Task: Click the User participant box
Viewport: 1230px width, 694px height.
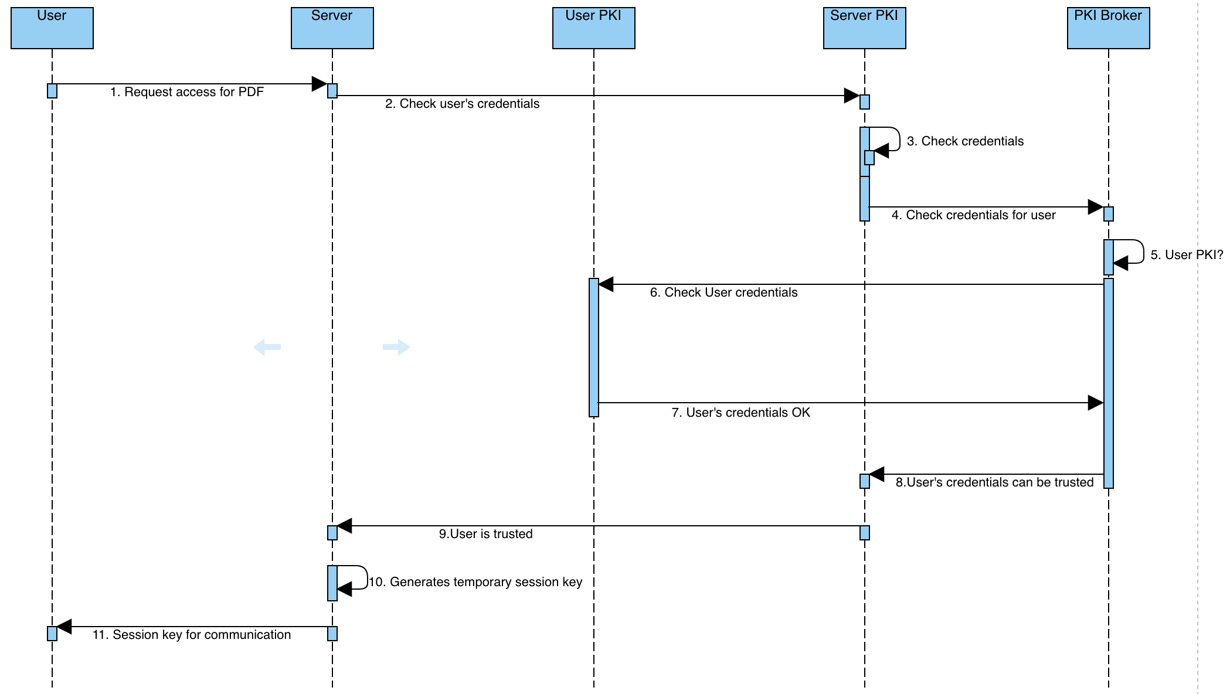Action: point(52,28)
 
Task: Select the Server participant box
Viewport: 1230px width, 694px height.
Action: point(332,28)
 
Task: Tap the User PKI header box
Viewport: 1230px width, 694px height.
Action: point(593,28)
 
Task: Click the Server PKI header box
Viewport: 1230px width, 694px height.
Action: point(864,28)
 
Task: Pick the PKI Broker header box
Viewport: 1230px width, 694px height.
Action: point(1108,28)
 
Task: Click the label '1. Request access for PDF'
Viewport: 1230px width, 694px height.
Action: point(187,92)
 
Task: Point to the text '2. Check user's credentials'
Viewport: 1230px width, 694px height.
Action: point(462,104)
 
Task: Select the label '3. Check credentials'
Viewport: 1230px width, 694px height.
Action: point(965,141)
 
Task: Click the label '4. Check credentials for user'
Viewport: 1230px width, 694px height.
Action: point(973,215)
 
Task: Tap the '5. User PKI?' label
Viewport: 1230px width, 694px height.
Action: point(1187,255)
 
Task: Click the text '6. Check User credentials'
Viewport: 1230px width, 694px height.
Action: point(723,292)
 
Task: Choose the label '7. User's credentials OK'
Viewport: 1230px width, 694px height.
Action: point(740,413)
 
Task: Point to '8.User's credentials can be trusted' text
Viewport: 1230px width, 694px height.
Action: point(994,482)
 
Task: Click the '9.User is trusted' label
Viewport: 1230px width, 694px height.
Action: point(485,534)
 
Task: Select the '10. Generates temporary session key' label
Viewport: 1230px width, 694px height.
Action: point(475,582)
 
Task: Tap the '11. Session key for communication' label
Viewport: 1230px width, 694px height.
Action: point(192,635)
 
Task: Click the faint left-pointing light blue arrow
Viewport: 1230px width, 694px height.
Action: point(267,347)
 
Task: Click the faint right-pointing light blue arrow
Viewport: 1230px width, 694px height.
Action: point(396,347)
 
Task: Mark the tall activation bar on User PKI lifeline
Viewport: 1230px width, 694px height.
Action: point(593,347)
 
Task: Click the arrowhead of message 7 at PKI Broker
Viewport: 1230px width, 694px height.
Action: point(1095,403)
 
